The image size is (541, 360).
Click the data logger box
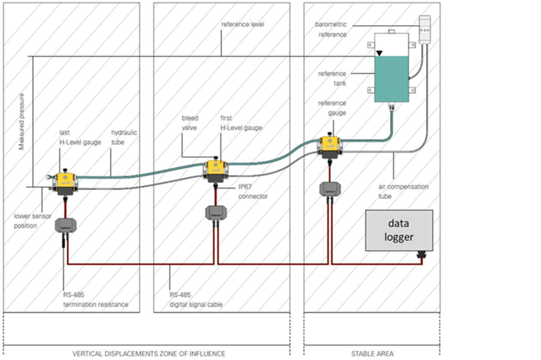(x=399, y=230)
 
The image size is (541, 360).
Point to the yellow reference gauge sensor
(x=329, y=145)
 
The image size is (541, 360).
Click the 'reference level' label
(x=243, y=25)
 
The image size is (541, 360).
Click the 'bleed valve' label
(x=190, y=122)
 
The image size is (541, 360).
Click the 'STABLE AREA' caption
(x=372, y=354)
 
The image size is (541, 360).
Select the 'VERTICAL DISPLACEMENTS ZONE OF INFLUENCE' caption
(x=149, y=354)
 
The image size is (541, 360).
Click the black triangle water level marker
(x=379, y=52)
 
